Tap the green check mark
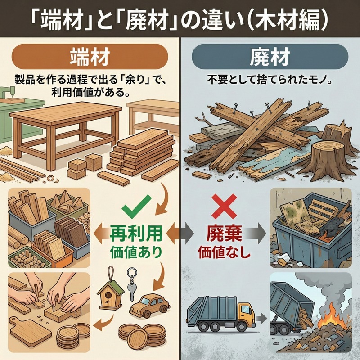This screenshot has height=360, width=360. pyautogui.click(x=134, y=208)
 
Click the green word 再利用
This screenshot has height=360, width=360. pyautogui.click(x=135, y=233)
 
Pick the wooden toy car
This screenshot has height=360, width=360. pyautogui.click(x=148, y=306)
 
